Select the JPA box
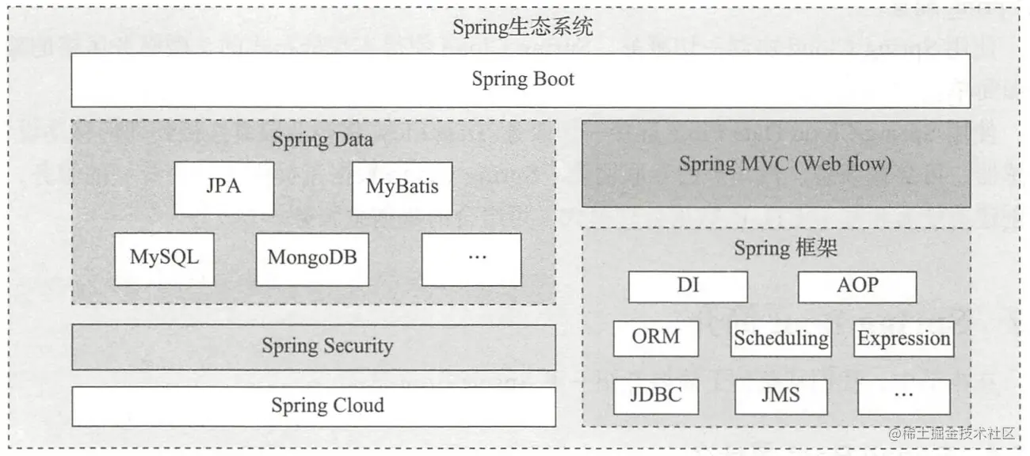[x=223, y=188]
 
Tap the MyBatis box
[x=402, y=188]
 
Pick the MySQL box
[x=164, y=259]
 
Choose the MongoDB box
[x=312, y=259]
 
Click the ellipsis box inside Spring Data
[x=471, y=259]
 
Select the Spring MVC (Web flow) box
[x=776, y=164]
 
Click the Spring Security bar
[x=314, y=347]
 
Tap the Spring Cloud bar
[x=314, y=406]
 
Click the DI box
[x=688, y=287]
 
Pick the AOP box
[x=857, y=287]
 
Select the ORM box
[x=656, y=338]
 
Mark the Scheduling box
[x=780, y=338]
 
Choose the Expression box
[x=903, y=339]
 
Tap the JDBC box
[x=656, y=396]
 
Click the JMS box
[x=780, y=396]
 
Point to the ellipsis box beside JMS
[x=903, y=396]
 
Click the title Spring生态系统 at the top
[x=522, y=27]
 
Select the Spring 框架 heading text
[x=785, y=249]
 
